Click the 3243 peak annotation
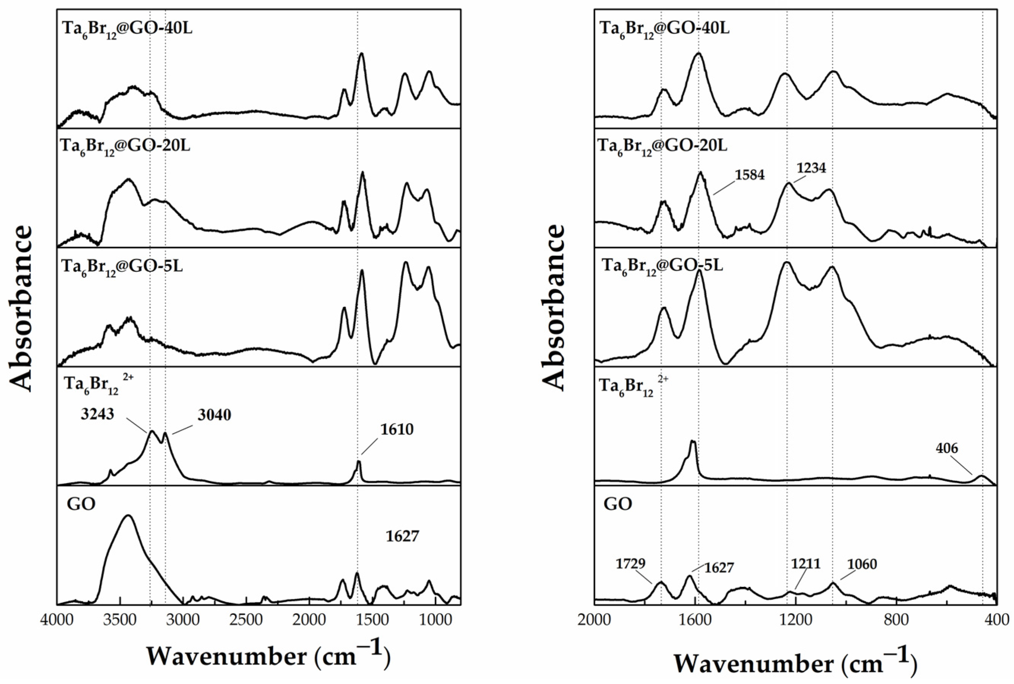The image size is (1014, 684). pyautogui.click(x=97, y=414)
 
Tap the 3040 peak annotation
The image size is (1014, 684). pyautogui.click(x=214, y=415)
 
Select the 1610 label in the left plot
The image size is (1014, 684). pyautogui.click(x=397, y=430)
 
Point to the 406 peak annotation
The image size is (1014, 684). pyautogui.click(x=947, y=448)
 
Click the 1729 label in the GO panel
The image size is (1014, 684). pyautogui.click(x=630, y=564)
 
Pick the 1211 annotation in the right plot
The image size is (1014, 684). pyautogui.click(x=806, y=564)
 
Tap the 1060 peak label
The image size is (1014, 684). pyautogui.click(x=862, y=564)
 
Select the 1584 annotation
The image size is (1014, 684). pyautogui.click(x=750, y=175)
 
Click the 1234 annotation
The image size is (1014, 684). pyautogui.click(x=811, y=167)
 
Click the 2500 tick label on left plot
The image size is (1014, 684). pyautogui.click(x=246, y=619)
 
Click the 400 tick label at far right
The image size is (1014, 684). pyautogui.click(x=996, y=619)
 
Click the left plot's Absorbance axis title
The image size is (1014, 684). pyautogui.click(x=21, y=308)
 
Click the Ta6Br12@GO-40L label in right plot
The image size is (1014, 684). pyautogui.click(x=664, y=29)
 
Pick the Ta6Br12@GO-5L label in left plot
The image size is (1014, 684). pyautogui.click(x=122, y=266)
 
